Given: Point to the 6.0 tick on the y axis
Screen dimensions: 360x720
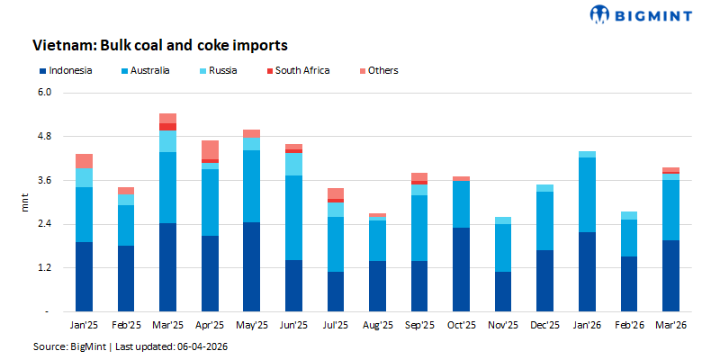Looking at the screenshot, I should (x=49, y=93).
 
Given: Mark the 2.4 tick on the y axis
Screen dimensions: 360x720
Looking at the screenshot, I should (x=49, y=224).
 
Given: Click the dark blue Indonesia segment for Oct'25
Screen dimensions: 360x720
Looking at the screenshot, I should (x=461, y=269).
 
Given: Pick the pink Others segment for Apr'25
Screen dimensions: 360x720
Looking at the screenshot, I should (x=210, y=149).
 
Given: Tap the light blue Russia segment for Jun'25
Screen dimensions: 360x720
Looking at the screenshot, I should (x=293, y=164).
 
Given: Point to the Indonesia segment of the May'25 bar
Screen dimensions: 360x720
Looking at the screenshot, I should (x=251, y=266).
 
